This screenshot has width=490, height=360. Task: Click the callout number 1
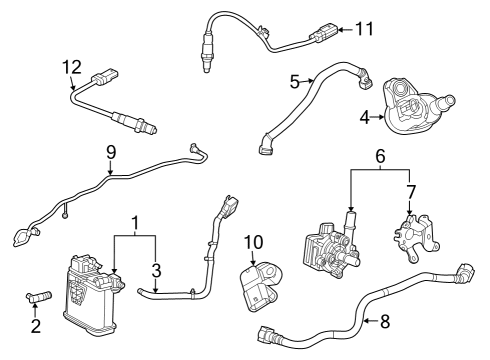pos(136,221)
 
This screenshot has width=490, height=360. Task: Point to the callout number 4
pos(365,117)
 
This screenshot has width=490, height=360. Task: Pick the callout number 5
pos(295,80)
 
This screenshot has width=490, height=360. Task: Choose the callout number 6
pos(378,157)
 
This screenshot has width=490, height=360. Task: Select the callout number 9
pos(110,152)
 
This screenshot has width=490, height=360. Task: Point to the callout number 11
pos(363,29)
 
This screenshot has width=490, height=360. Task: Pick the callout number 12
pos(70,67)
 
